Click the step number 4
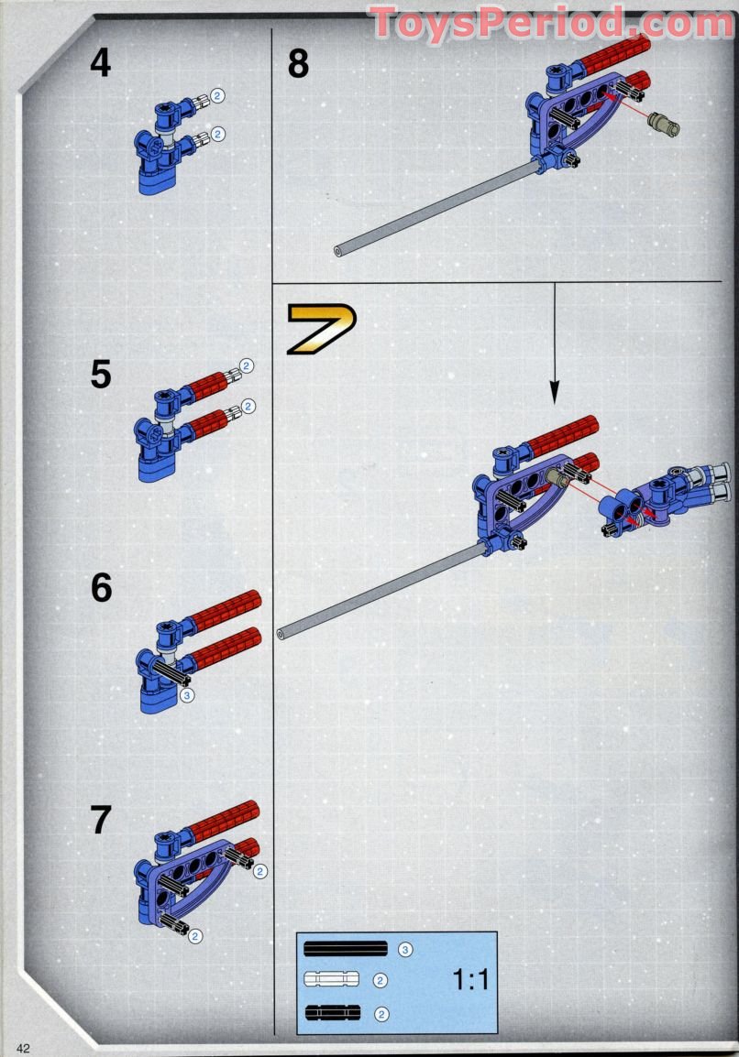tap(100, 63)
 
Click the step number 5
tap(100, 375)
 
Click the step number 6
tap(100, 587)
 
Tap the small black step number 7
tap(100, 820)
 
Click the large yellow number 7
tap(321, 329)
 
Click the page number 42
tap(23, 1049)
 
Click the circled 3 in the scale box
tap(405, 950)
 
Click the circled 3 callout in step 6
tap(186, 696)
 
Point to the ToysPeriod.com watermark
tap(550, 22)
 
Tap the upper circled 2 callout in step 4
tap(218, 95)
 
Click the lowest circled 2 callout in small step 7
tap(195, 935)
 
